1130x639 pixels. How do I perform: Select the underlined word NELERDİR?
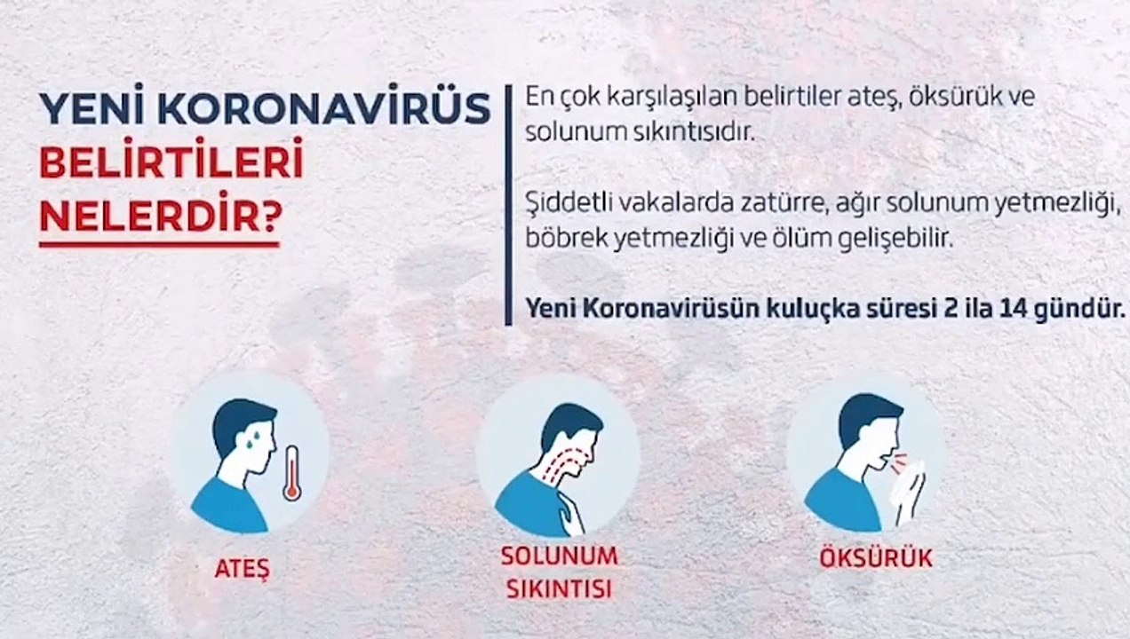tap(157, 215)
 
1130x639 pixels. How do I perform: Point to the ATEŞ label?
tap(243, 567)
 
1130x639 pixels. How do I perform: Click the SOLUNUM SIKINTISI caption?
tap(559, 572)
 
